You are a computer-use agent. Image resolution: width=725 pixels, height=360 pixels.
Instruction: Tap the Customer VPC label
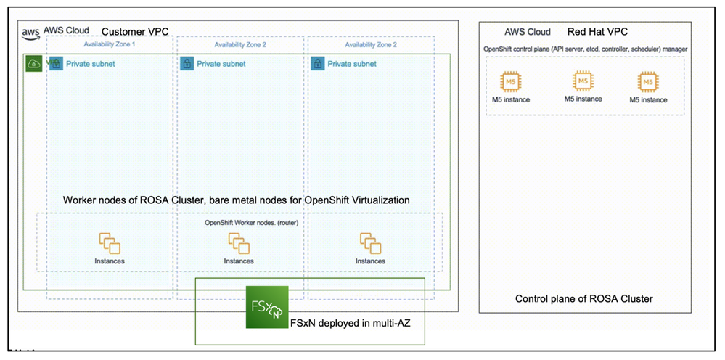pyautogui.click(x=135, y=31)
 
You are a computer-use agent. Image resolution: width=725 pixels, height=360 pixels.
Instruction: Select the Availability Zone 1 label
pyautogui.click(x=109, y=44)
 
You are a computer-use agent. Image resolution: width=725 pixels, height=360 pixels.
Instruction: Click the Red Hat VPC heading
pyautogui.click(x=599, y=32)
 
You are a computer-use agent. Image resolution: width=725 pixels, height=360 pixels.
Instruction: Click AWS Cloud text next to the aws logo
pyautogui.click(x=66, y=30)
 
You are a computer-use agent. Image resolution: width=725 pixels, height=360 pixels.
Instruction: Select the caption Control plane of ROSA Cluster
pyautogui.click(x=583, y=298)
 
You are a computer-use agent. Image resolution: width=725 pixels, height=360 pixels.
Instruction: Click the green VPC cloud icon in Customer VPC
pyautogui.click(x=33, y=63)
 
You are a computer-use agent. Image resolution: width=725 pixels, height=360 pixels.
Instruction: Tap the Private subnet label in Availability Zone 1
pyautogui.click(x=90, y=64)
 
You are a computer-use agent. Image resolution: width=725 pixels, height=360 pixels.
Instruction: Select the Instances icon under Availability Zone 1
pyautogui.click(x=109, y=242)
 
